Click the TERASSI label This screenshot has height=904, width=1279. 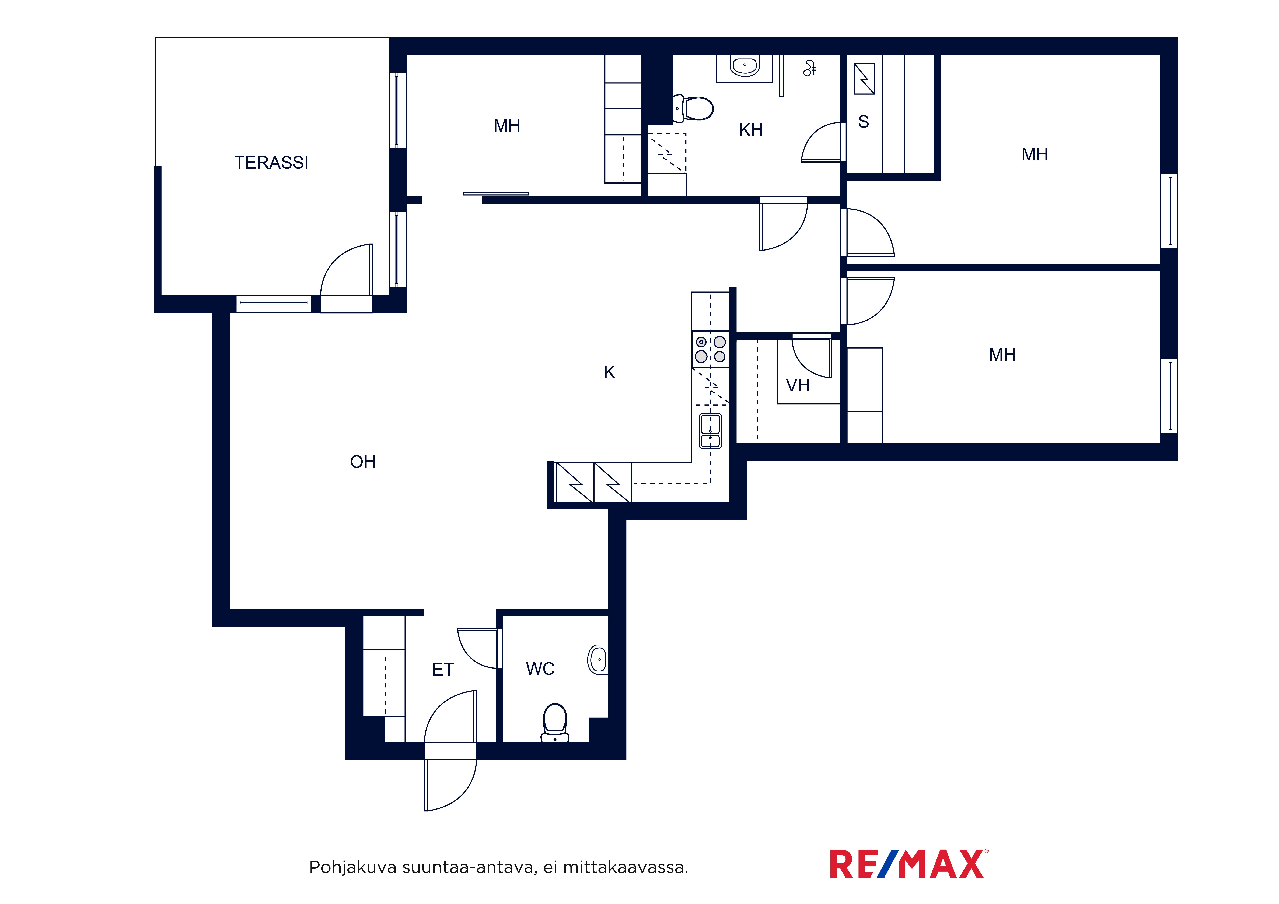pyautogui.click(x=271, y=163)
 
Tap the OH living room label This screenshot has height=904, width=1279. pyautogui.click(x=363, y=462)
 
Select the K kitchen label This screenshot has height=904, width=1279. pyautogui.click(x=609, y=372)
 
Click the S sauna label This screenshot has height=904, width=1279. pyautogui.click(x=864, y=121)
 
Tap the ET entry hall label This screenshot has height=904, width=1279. pyautogui.click(x=443, y=670)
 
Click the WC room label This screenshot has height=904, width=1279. pyautogui.click(x=540, y=668)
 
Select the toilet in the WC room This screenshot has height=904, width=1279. pyautogui.click(x=555, y=723)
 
